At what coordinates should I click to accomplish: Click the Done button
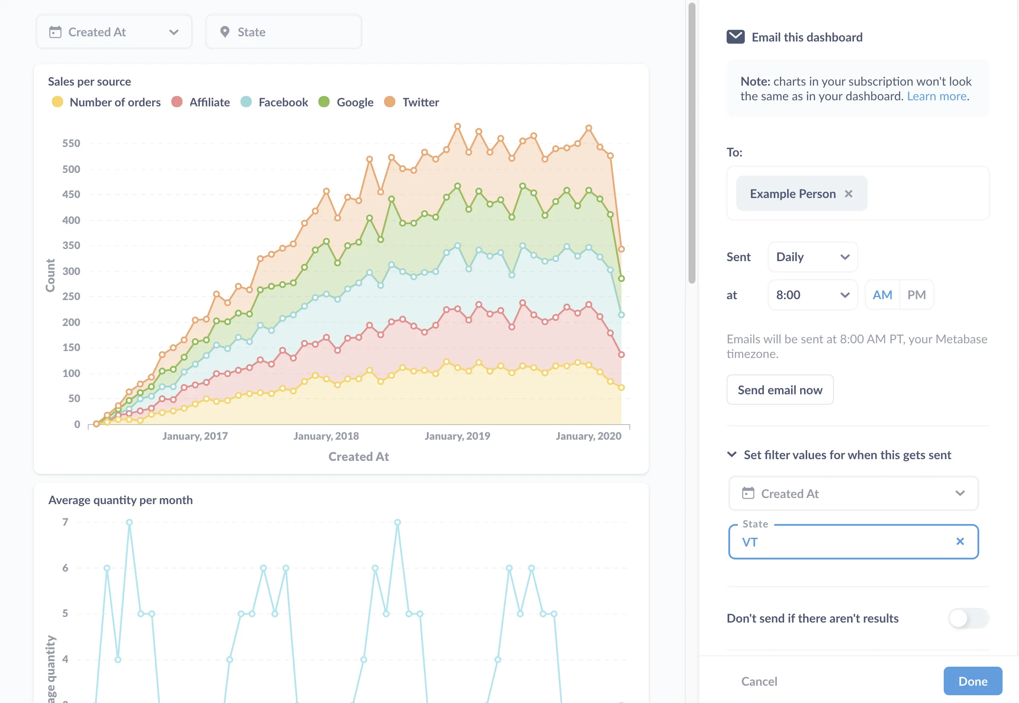[x=972, y=681]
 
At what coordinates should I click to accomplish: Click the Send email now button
[x=780, y=390]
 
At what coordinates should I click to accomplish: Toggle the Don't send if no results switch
[x=968, y=618]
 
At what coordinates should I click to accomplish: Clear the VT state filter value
[x=960, y=541]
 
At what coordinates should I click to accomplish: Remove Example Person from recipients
[x=849, y=194]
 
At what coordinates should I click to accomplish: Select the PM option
[x=916, y=295]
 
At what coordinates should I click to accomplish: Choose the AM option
[x=882, y=295]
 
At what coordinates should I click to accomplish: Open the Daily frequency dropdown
[x=812, y=257]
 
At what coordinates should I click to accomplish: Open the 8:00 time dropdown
[x=812, y=295]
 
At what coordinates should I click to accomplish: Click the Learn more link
[x=937, y=96]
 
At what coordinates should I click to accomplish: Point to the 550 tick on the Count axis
[x=71, y=144]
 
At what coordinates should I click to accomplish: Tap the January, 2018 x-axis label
[x=326, y=436]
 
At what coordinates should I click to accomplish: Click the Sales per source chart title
[x=90, y=81]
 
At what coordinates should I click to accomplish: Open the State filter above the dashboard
[x=284, y=32]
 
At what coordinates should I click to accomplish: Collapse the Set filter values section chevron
[x=732, y=454]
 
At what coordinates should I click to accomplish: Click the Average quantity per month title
[x=120, y=500]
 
